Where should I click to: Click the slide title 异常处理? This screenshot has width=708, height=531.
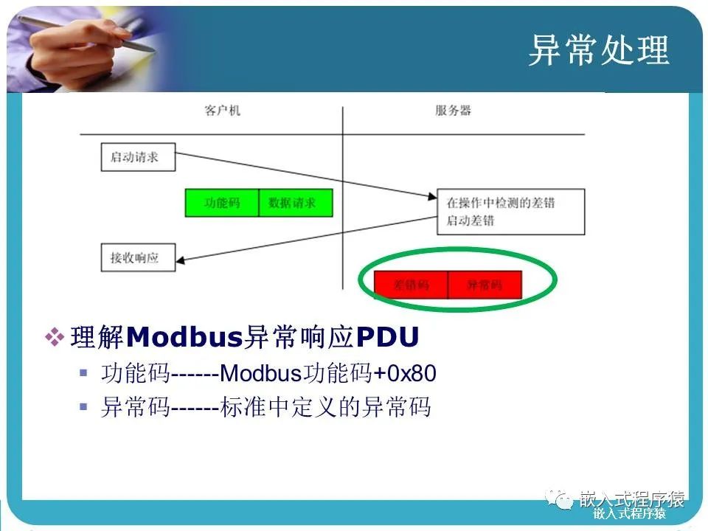tap(598, 51)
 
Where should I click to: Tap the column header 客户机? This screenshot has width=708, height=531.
tap(222, 111)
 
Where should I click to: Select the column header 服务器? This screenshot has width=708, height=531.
tap(453, 111)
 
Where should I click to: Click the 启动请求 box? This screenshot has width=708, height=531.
tap(138, 158)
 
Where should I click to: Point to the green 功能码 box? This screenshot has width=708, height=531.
tap(222, 203)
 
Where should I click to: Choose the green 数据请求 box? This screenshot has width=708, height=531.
tap(296, 203)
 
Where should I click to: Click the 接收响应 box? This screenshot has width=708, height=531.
tap(138, 258)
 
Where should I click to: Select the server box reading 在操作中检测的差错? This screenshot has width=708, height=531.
tap(510, 211)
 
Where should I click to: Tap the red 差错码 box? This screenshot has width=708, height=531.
tap(411, 285)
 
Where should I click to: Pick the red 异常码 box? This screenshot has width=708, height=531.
tap(485, 285)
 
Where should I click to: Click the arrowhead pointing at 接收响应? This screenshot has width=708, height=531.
tap(181, 259)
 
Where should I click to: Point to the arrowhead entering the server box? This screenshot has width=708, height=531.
tap(433, 197)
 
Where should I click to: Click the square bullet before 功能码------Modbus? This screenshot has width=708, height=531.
tap(83, 373)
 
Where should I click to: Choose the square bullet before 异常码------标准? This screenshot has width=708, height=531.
tap(83, 406)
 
